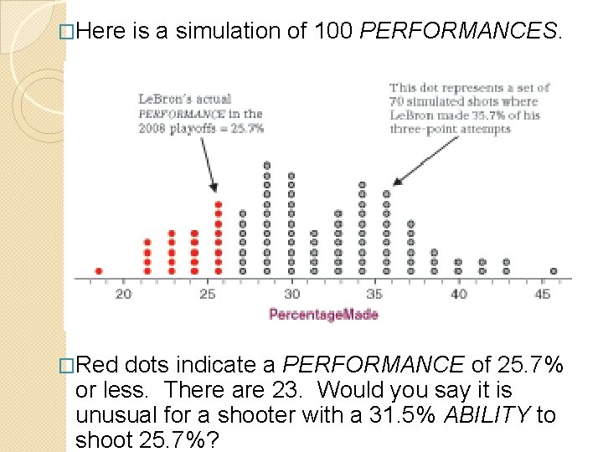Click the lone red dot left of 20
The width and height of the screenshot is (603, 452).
click(x=99, y=271)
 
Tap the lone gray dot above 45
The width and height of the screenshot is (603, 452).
click(x=554, y=271)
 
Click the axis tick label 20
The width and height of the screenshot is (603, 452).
click(x=123, y=294)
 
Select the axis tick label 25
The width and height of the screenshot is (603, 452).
click(x=208, y=294)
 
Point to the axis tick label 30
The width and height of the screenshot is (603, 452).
click(x=291, y=294)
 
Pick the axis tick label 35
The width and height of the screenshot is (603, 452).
click(x=374, y=294)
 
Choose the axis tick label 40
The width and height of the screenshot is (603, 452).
click(x=458, y=294)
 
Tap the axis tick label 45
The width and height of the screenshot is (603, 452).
click(x=542, y=294)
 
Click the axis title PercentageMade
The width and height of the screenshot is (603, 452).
click(x=323, y=315)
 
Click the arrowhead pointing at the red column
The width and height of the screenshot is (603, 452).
click(x=216, y=188)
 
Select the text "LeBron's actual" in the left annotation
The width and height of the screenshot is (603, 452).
click(x=184, y=100)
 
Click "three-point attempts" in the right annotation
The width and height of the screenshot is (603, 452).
click(x=451, y=129)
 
